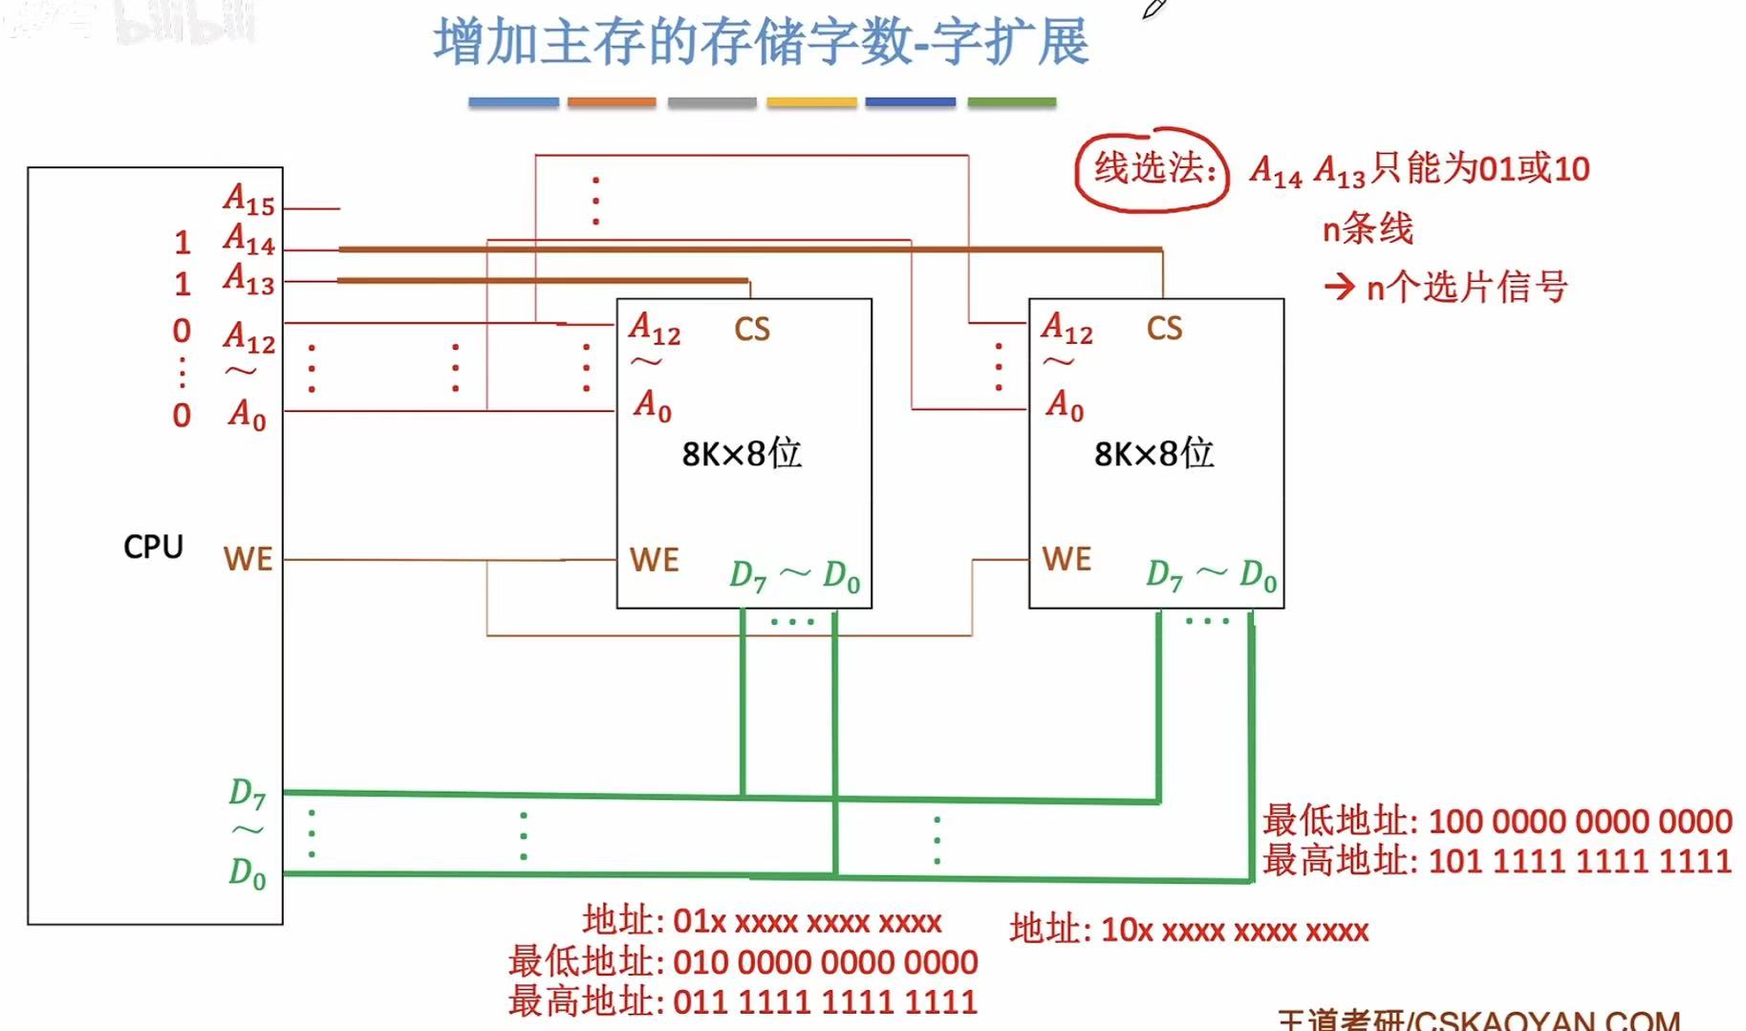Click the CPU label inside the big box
point(153,547)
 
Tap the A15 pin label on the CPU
point(248,200)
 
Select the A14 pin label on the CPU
point(248,240)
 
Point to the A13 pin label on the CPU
point(248,279)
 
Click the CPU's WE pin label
point(248,559)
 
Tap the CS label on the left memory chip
point(751,330)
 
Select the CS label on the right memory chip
point(1164,329)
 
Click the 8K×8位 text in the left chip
point(742,453)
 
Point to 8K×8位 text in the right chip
point(1153,453)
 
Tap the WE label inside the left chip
point(655,560)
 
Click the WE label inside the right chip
point(1067,559)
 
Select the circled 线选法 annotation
point(1153,169)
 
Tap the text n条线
point(1367,229)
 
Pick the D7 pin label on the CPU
point(247,793)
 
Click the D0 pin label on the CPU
point(247,872)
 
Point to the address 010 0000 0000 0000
point(825,962)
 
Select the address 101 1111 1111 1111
point(1579,861)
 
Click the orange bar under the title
point(612,101)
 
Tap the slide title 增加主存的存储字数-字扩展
point(761,43)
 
